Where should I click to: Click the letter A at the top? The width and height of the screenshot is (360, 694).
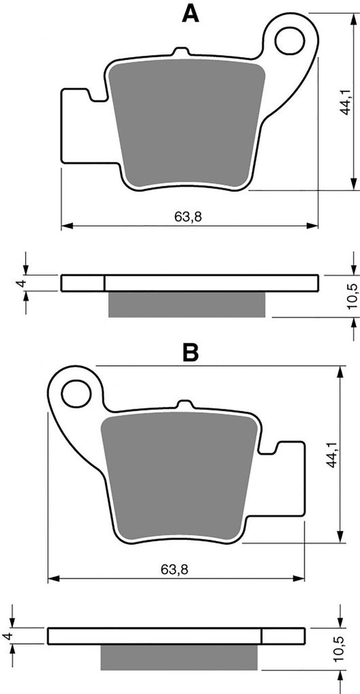191,14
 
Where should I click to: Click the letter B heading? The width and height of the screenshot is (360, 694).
191,352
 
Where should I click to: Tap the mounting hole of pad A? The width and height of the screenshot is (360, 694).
289,41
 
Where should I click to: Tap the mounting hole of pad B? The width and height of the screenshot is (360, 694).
76,393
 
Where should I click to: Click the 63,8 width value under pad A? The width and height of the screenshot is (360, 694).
185,216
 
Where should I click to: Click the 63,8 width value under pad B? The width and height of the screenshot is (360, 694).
174,569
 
